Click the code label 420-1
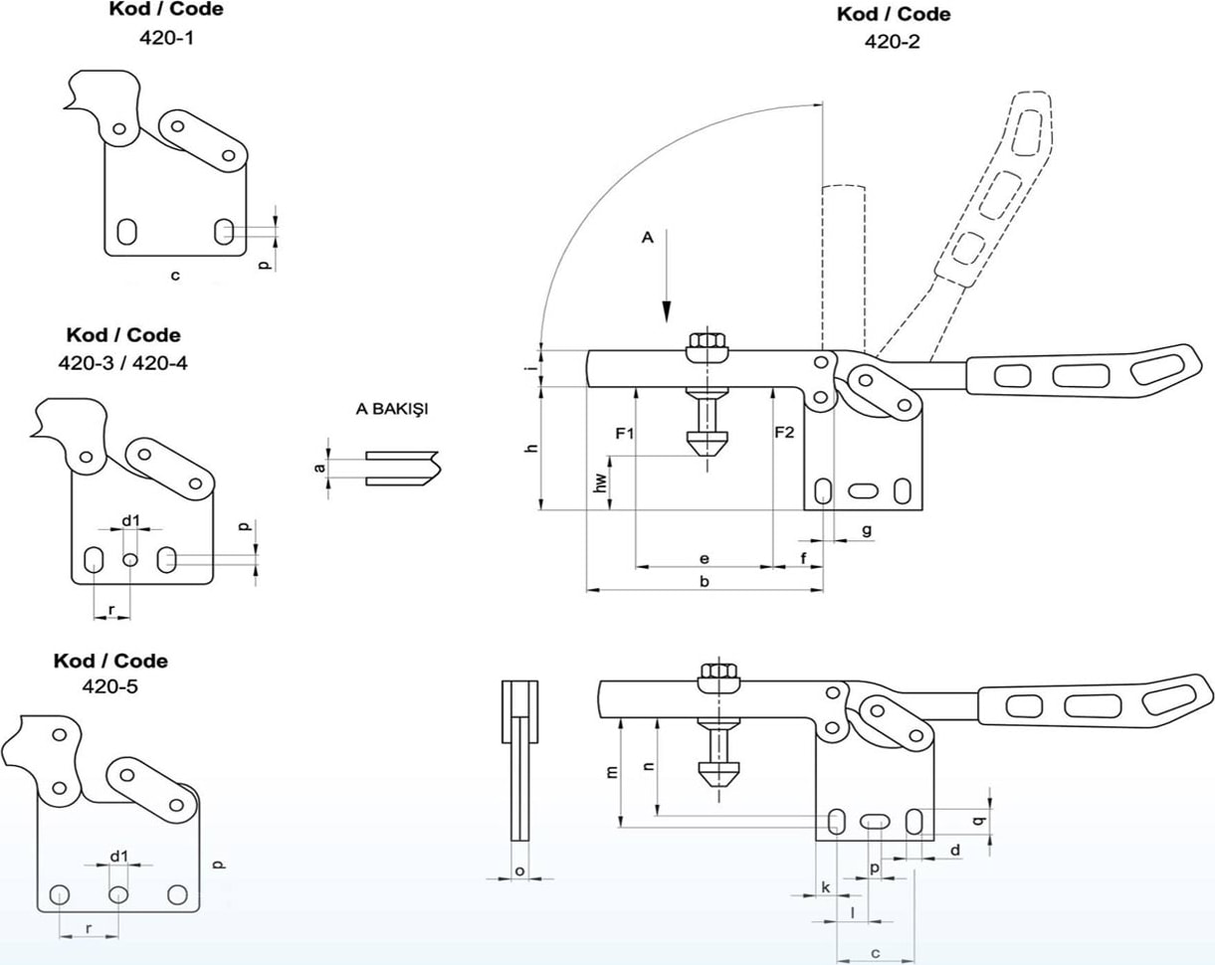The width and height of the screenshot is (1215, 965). [166, 38]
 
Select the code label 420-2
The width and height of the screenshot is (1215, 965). [892, 42]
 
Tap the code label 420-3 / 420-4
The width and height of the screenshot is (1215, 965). [123, 362]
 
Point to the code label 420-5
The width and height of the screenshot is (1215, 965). [110, 686]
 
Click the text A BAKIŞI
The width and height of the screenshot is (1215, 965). [392, 408]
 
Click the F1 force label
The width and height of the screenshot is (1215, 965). [625, 433]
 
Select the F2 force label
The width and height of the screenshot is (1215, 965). [784, 433]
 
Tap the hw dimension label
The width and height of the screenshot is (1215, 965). [601, 482]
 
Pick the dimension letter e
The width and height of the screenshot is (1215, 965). [705, 559]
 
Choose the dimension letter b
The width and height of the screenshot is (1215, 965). [705, 581]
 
